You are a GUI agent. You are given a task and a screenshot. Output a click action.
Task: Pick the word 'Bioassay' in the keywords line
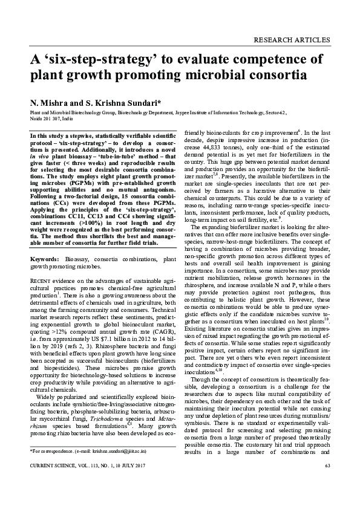pos(78,259)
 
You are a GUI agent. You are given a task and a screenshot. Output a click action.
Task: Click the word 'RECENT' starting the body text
pos(40,282)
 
